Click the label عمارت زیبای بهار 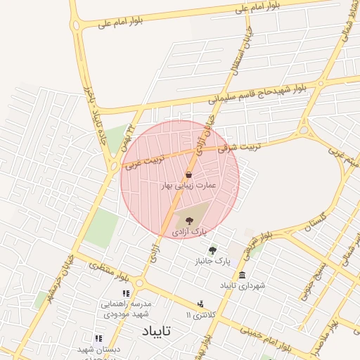click(x=190, y=186)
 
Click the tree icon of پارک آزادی click(x=188, y=221)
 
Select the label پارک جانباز click(x=213, y=261)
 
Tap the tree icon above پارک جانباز click(x=213, y=250)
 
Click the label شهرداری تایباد click(x=243, y=285)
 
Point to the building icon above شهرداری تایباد click(x=243, y=275)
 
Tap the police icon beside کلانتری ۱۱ click(x=201, y=304)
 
